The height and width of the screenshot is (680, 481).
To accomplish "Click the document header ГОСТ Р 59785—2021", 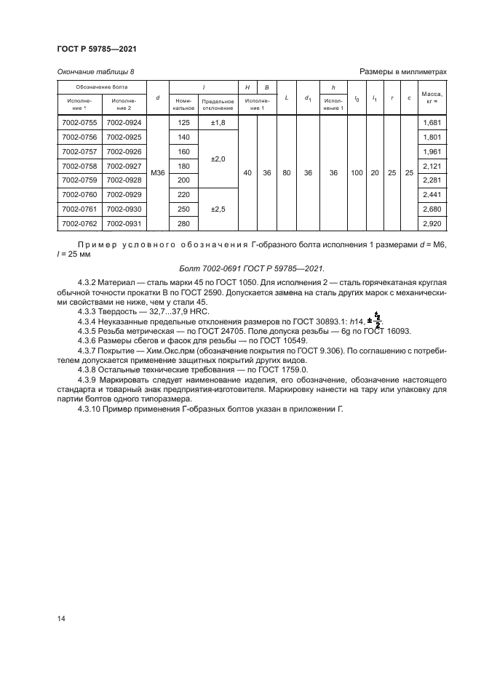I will click(x=97, y=49).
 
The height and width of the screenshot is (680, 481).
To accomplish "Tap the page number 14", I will click(x=60, y=618).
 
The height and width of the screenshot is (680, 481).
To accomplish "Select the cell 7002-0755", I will click(x=80, y=123).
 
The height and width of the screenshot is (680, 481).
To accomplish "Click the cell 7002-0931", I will click(x=124, y=223).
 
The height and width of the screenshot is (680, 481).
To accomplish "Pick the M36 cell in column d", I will click(x=158, y=173).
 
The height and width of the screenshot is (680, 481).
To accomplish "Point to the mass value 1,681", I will click(x=433, y=123).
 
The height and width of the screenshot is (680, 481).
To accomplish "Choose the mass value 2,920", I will click(x=433, y=223).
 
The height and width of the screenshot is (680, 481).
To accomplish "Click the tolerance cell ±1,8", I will click(x=218, y=123).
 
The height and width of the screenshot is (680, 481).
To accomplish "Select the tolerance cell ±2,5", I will click(x=218, y=208).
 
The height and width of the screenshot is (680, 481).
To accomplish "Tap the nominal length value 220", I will click(x=183, y=194).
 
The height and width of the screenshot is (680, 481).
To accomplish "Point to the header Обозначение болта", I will click(x=102, y=87).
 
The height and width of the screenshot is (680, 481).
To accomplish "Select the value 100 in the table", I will click(x=357, y=173).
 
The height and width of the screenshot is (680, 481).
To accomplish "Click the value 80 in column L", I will click(x=287, y=173).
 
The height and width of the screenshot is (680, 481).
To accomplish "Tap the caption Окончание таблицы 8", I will click(x=95, y=71).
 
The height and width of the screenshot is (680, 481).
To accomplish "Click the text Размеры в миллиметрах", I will click(x=402, y=71).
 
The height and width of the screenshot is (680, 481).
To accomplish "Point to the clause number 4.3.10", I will click(x=92, y=409).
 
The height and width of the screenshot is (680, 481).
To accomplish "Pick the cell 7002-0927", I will click(x=124, y=166).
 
